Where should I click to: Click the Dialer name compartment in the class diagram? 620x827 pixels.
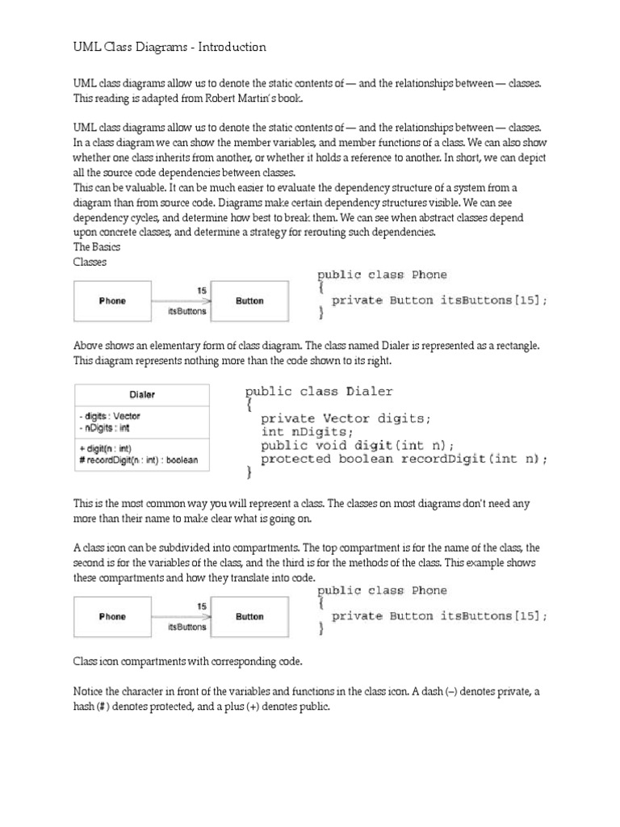point(141,395)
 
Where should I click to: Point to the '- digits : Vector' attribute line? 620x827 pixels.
point(110,417)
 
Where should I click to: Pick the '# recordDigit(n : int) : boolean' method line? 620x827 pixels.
point(138,460)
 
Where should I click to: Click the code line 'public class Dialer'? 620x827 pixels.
point(319,392)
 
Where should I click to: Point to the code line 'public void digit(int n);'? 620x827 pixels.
point(357,446)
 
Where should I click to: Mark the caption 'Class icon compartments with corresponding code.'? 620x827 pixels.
point(187,661)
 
